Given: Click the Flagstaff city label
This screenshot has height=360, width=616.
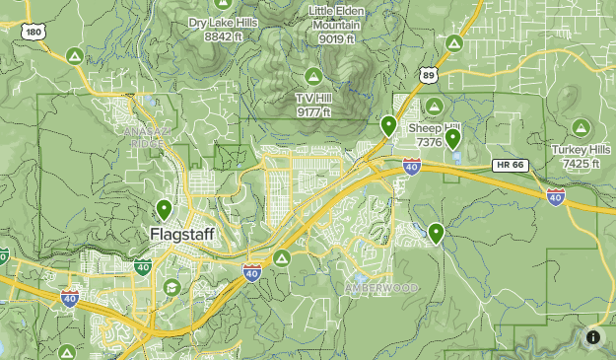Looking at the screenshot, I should [x=183, y=235].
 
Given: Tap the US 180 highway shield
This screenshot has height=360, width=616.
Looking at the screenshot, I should [x=34, y=33].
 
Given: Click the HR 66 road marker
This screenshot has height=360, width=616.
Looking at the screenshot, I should [x=510, y=164].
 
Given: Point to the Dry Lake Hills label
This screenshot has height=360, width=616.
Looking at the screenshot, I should [x=224, y=23].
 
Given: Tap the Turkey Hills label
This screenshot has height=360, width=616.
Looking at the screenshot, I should [x=582, y=150].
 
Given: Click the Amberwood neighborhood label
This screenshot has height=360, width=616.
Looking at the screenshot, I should [x=380, y=287].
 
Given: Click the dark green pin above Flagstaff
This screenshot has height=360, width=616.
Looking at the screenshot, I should [x=164, y=209].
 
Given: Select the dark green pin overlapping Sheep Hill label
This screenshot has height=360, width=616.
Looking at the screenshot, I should [x=452, y=138].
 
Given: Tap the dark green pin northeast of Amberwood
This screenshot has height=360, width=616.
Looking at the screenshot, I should [x=435, y=233].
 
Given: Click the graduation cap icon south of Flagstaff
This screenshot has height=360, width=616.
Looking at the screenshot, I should [x=171, y=287].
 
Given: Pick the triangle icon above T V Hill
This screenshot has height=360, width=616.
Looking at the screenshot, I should [x=313, y=75].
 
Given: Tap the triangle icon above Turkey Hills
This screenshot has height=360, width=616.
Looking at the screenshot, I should [x=582, y=126].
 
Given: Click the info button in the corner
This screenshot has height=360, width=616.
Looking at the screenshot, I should [x=593, y=337].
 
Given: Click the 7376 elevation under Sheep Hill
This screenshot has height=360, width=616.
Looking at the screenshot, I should [x=429, y=143].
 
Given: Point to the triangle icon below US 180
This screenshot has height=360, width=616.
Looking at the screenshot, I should [x=74, y=55].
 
